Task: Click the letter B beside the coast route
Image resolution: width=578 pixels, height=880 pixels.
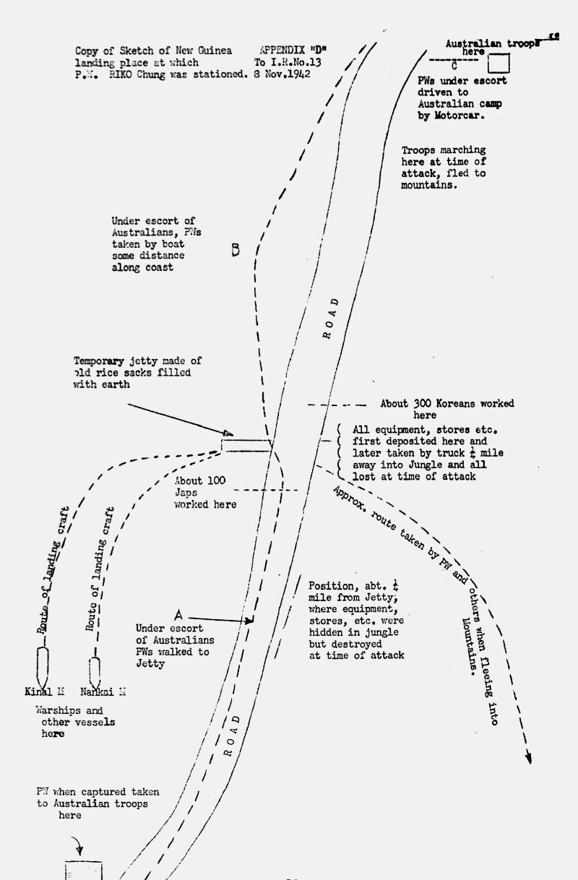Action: point(235,249)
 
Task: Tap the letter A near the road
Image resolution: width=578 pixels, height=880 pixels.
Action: point(178,614)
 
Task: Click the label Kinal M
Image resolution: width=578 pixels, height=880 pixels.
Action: point(45,691)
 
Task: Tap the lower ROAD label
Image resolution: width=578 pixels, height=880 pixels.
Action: point(231,736)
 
